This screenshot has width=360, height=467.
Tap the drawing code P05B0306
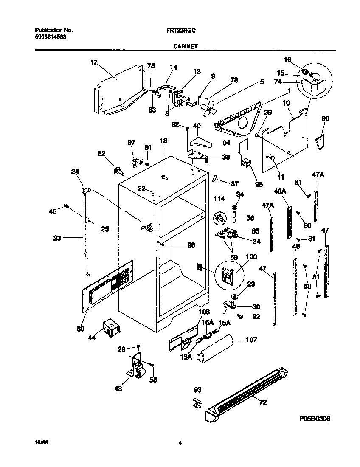(315, 419)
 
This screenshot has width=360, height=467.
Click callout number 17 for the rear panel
(94, 62)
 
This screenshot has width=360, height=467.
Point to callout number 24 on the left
(75, 171)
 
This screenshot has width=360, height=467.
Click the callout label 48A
(281, 191)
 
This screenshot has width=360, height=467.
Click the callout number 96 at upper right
(325, 118)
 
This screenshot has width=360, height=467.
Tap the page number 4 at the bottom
(180, 443)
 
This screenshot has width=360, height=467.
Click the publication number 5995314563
(50, 37)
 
